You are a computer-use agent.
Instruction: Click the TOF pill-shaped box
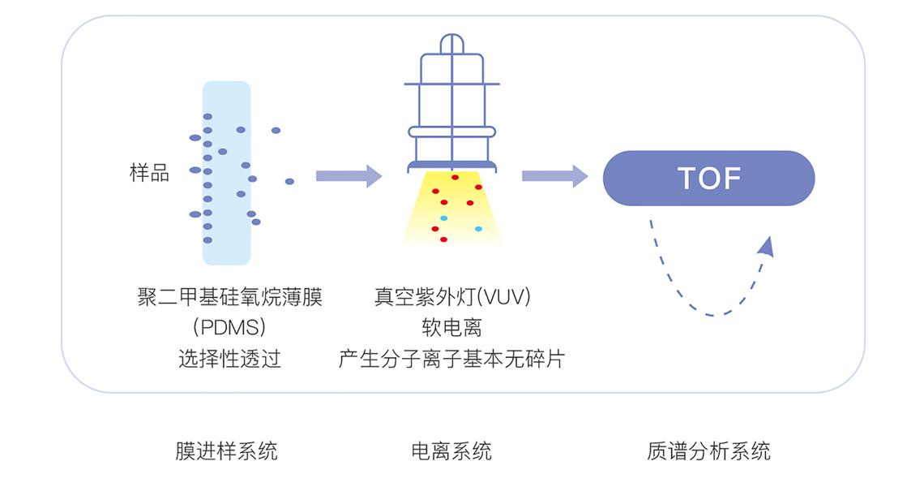(x=708, y=179)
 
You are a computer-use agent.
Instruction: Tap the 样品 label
(x=150, y=173)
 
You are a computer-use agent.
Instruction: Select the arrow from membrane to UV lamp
(x=349, y=176)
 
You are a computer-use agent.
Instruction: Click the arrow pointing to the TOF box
(x=554, y=176)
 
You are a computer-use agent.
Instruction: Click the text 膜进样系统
(x=226, y=451)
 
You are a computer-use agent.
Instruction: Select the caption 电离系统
(x=451, y=451)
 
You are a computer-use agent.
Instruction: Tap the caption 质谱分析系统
(x=708, y=451)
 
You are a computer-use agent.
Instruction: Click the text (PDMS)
(x=229, y=327)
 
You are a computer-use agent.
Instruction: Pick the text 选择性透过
(x=229, y=358)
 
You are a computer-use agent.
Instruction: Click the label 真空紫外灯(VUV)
(x=452, y=296)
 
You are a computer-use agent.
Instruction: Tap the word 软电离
(x=452, y=327)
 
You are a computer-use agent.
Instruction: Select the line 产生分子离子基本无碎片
(x=452, y=358)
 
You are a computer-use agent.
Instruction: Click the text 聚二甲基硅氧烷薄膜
(x=230, y=296)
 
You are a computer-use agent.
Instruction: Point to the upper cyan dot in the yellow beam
(x=443, y=218)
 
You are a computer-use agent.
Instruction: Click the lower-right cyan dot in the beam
(x=478, y=228)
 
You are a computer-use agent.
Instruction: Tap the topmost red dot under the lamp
(x=455, y=177)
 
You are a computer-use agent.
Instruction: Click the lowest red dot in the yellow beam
(x=443, y=239)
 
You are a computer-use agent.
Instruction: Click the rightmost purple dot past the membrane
(x=289, y=181)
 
